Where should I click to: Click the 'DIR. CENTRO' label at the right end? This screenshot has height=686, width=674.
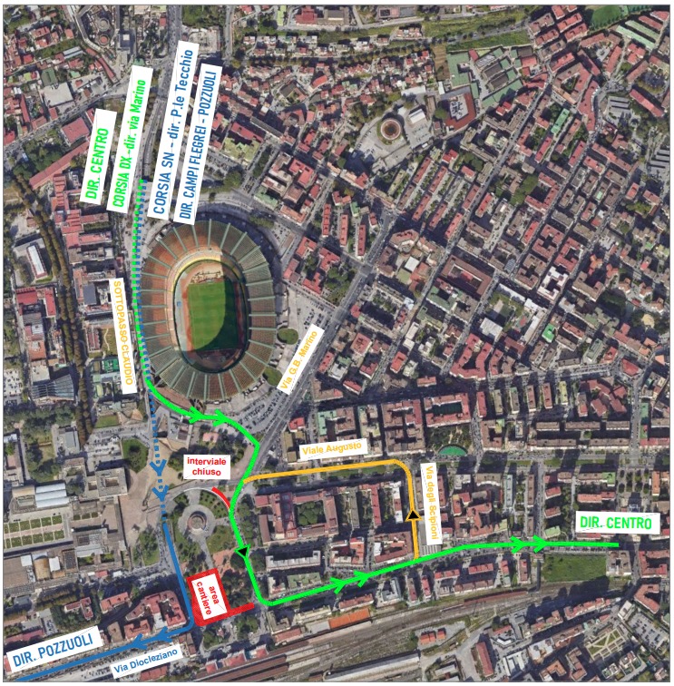[x=614, y=523]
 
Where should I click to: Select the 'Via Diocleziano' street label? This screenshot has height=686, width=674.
[x=147, y=661]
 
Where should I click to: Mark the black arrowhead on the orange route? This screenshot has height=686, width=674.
[x=414, y=515]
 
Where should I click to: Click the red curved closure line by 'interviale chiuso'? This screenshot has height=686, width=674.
[x=220, y=497]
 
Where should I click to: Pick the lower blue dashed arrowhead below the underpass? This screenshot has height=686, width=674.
[x=161, y=493]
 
